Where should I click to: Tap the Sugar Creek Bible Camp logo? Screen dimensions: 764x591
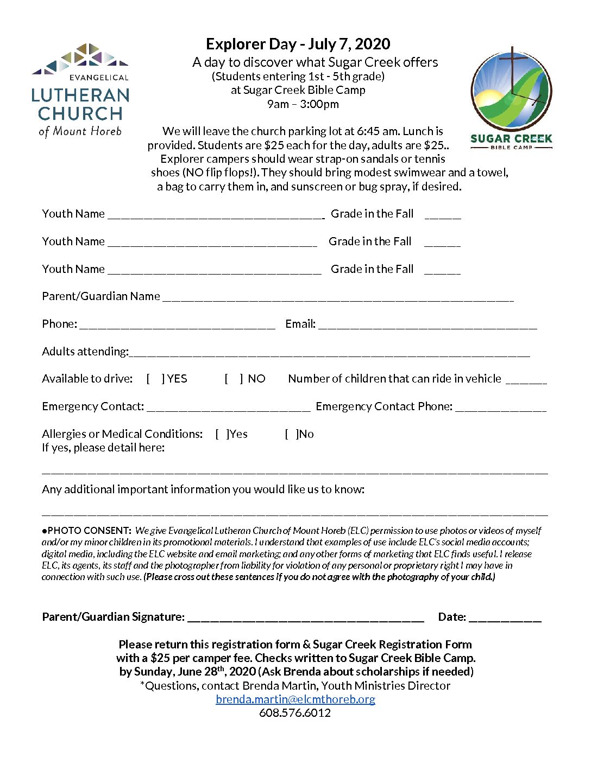point(511,98)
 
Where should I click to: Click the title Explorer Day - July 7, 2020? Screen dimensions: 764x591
point(298,44)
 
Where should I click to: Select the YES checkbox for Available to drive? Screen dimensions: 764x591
point(155,379)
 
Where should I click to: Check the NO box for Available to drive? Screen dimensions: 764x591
point(234,379)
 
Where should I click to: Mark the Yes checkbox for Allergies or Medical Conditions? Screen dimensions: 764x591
point(222,434)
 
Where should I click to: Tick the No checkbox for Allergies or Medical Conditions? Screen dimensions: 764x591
point(291,434)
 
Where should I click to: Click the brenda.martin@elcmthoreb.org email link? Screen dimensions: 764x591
point(295,699)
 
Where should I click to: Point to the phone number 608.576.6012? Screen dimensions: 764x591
point(295,713)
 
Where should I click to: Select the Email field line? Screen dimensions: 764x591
point(427,325)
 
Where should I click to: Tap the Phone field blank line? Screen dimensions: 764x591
point(177,325)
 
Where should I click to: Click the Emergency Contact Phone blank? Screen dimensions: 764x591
point(501,408)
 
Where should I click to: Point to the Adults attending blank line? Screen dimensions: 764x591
point(329,353)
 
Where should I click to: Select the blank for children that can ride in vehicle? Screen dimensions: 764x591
point(526,380)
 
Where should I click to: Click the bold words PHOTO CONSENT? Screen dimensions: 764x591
point(89,531)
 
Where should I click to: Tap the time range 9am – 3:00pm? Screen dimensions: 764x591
point(303,104)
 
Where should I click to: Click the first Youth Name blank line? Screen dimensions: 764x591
point(216,215)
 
